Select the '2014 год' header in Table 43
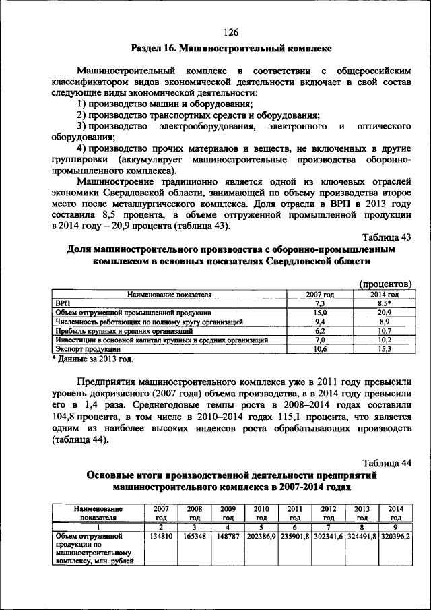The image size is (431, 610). click(x=385, y=295)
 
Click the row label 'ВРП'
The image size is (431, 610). click(x=61, y=304)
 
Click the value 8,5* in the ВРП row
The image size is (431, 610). click(x=385, y=304)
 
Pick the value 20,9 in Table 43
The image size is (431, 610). click(x=385, y=313)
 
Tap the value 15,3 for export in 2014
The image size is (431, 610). click(x=385, y=350)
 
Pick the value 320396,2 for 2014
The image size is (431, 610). click(x=395, y=537)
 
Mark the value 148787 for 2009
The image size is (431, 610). click(x=228, y=537)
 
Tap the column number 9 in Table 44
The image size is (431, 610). click(x=395, y=527)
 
